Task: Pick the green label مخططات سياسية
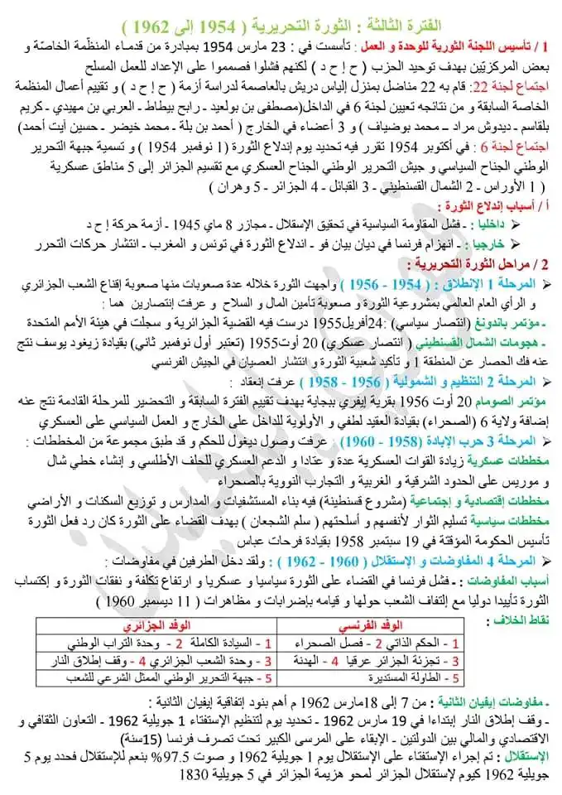point(512,518)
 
